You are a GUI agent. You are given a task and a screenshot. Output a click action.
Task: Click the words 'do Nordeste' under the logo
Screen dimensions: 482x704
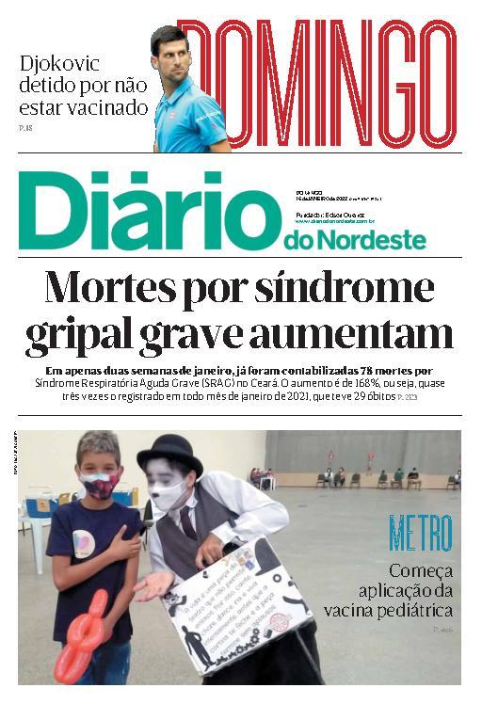coord(354,242)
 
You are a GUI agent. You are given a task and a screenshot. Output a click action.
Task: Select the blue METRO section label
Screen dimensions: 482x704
coord(421,534)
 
